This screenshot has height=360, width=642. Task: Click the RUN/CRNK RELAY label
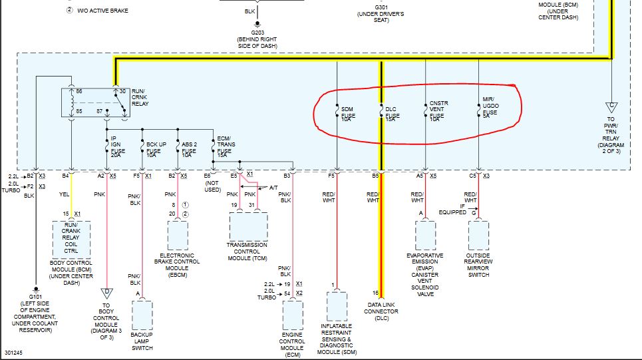(140, 97)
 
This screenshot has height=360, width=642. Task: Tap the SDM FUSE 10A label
(348, 114)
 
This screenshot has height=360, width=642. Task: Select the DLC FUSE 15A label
(393, 114)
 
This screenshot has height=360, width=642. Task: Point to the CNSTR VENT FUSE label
(438, 111)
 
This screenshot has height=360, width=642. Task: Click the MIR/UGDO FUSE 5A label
(490, 108)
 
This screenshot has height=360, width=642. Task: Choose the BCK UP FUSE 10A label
(156, 150)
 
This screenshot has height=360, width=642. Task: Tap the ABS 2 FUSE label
(189, 150)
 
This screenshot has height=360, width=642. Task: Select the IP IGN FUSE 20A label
(118, 147)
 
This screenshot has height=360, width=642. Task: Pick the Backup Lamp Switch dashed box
(132, 315)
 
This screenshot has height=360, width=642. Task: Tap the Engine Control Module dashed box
(283, 315)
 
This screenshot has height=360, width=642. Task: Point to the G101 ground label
(36, 297)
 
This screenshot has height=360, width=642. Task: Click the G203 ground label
(257, 33)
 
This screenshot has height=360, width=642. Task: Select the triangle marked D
(107, 293)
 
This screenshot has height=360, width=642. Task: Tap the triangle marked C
(611, 107)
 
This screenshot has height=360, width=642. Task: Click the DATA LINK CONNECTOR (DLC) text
(381, 311)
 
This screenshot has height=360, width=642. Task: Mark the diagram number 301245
(13, 353)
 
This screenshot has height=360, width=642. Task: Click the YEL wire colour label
(65, 194)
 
